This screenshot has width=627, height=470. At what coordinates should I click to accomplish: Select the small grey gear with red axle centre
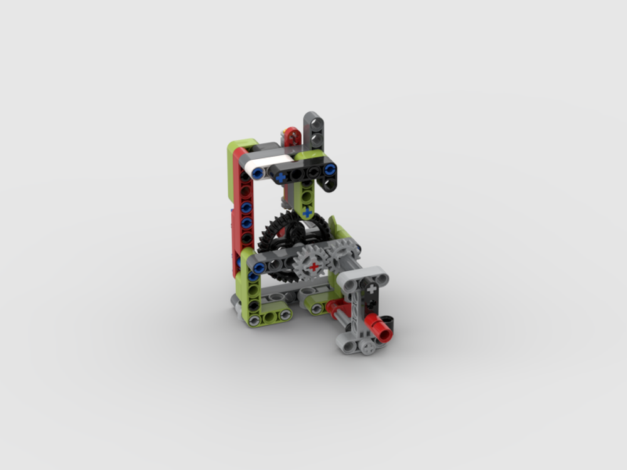pyautogui.click(x=313, y=266)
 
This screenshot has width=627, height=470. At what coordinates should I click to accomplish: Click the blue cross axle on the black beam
pyautogui.click(x=281, y=178)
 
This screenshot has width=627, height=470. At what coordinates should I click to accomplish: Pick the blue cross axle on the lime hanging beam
pyautogui.click(x=307, y=213)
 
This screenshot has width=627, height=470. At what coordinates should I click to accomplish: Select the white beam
pyautogui.click(x=260, y=165)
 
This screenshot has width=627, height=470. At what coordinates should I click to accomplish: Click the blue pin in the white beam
pyautogui.click(x=257, y=170)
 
